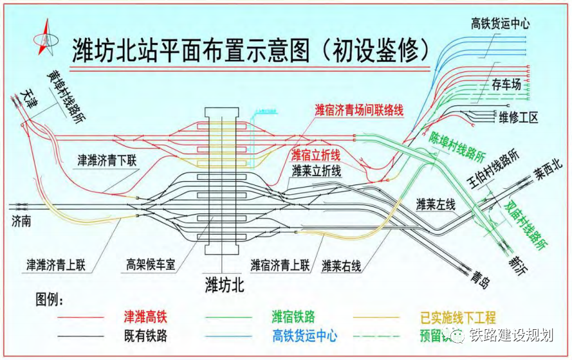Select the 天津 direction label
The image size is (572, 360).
[28, 96]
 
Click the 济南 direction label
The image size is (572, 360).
[22, 221]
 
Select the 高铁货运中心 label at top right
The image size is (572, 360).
[500, 24]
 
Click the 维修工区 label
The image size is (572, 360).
[518, 117]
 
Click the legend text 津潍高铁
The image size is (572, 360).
[149, 317]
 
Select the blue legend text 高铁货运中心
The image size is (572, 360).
[304, 336]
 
